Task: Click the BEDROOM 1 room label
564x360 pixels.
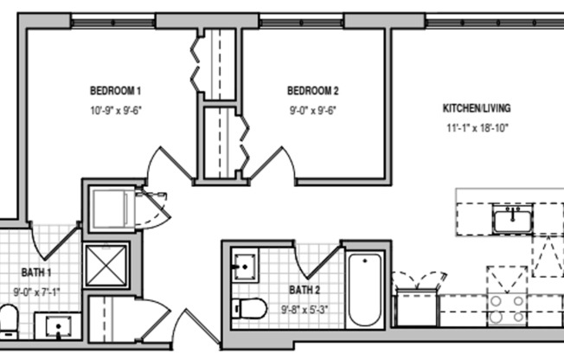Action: (x=115, y=91)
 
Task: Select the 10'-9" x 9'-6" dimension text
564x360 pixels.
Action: (x=115, y=111)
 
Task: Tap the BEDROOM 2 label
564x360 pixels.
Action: (x=313, y=91)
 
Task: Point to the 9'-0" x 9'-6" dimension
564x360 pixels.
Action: (x=313, y=111)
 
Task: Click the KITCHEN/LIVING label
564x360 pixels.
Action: (x=477, y=109)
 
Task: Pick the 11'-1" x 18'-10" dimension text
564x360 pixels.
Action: (x=477, y=129)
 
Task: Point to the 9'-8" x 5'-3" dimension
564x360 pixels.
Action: (x=304, y=308)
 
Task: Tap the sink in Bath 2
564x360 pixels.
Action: (x=245, y=265)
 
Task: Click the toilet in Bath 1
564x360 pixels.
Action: (x=8, y=320)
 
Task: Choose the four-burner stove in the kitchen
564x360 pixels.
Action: (x=506, y=305)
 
